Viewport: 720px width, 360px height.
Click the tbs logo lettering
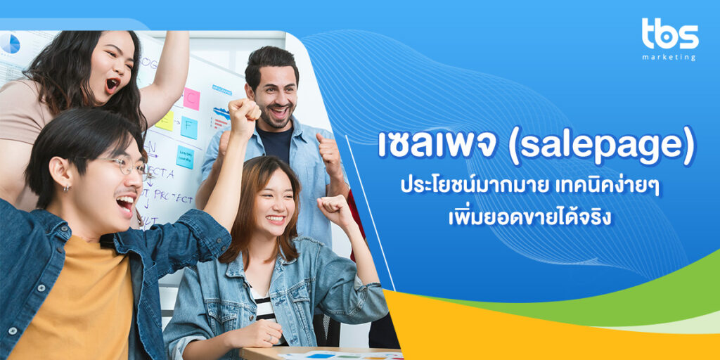pyautogui.click(x=669, y=34)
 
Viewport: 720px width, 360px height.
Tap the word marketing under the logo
pyautogui.click(x=669, y=57)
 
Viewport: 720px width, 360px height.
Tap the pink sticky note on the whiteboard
pyautogui.click(x=191, y=98)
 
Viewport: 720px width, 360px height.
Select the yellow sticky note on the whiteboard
pyautogui.click(x=165, y=121)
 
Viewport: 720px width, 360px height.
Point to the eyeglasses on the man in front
pyautogui.click(x=127, y=166)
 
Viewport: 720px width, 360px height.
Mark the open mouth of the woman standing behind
pyautogui.click(x=112, y=84)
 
